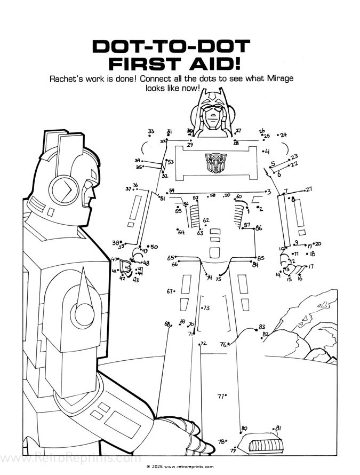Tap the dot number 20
(314, 244)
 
